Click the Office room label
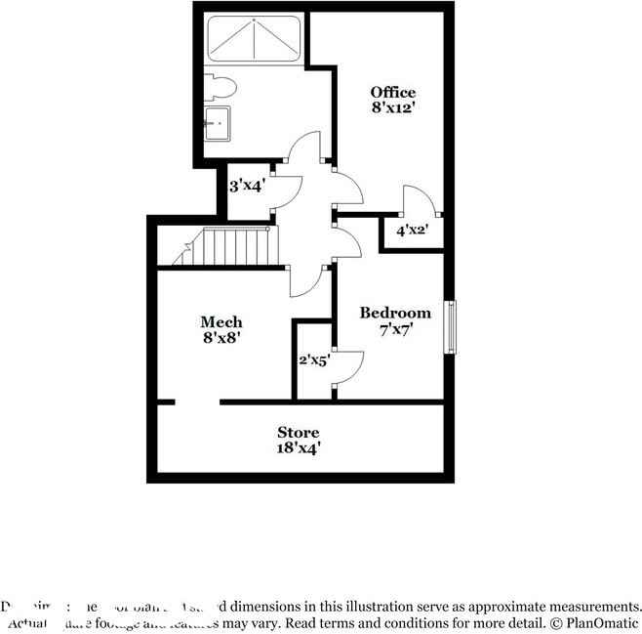point(392,93)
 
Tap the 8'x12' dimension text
point(392,108)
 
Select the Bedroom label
point(395,313)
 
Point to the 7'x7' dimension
point(395,329)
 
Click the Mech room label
point(221,321)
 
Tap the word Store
point(298,432)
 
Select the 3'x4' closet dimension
point(247,184)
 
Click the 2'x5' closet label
point(314,360)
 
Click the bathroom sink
point(218,124)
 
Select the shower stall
point(254,38)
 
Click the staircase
point(229,246)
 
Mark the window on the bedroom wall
point(450,326)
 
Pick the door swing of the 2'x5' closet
point(348,366)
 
